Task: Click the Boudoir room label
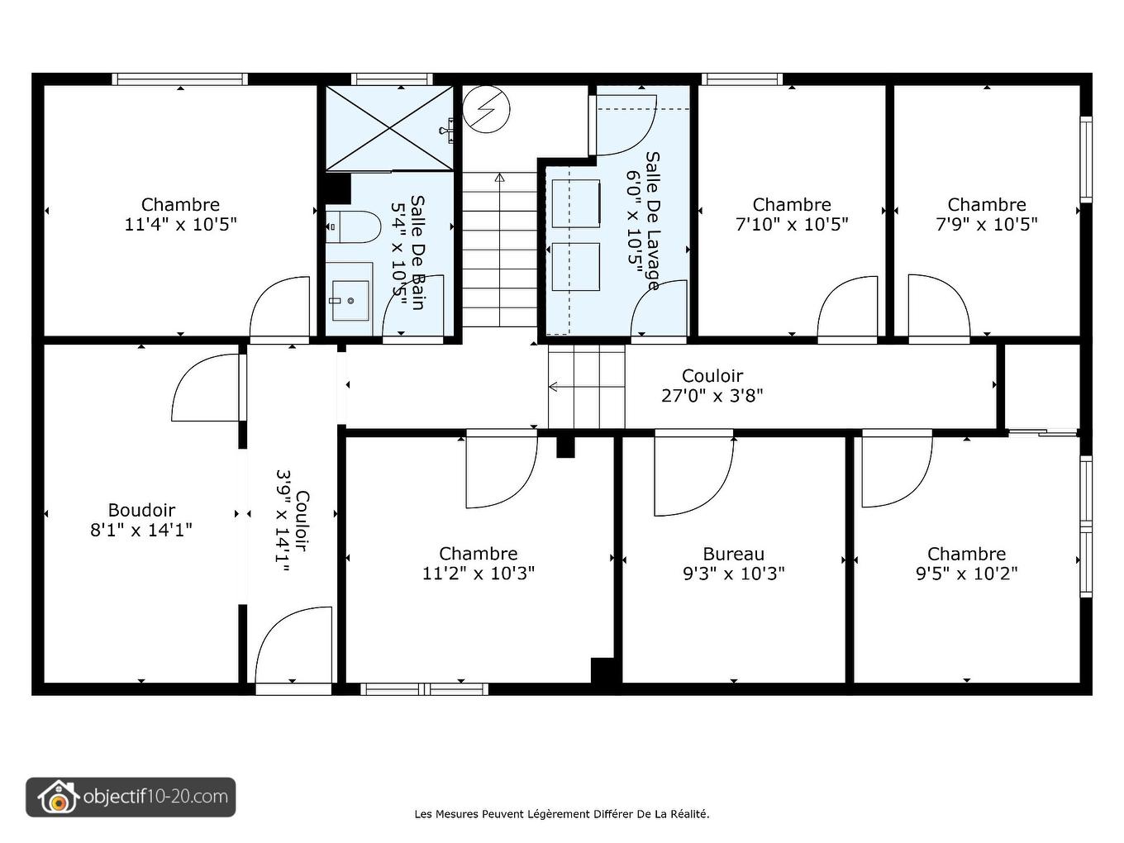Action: click(141, 510)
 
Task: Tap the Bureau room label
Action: click(733, 554)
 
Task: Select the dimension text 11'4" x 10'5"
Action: click(181, 224)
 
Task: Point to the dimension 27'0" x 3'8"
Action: click(712, 396)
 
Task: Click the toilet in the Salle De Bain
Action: click(354, 226)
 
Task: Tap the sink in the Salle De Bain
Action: click(350, 301)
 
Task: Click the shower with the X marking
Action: click(390, 127)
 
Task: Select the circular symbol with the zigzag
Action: click(486, 110)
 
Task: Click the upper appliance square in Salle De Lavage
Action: click(576, 203)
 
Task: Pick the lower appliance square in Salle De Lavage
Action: click(576, 267)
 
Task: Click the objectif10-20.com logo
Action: click(131, 797)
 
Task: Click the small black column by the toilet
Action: click(339, 188)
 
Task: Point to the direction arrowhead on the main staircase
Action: click(500, 178)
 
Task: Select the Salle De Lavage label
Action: click(652, 221)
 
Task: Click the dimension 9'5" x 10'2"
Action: click(966, 574)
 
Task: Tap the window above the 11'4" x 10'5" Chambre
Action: click(180, 79)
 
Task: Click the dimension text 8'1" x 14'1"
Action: click(141, 530)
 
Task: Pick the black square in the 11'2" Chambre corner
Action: click(602, 670)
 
